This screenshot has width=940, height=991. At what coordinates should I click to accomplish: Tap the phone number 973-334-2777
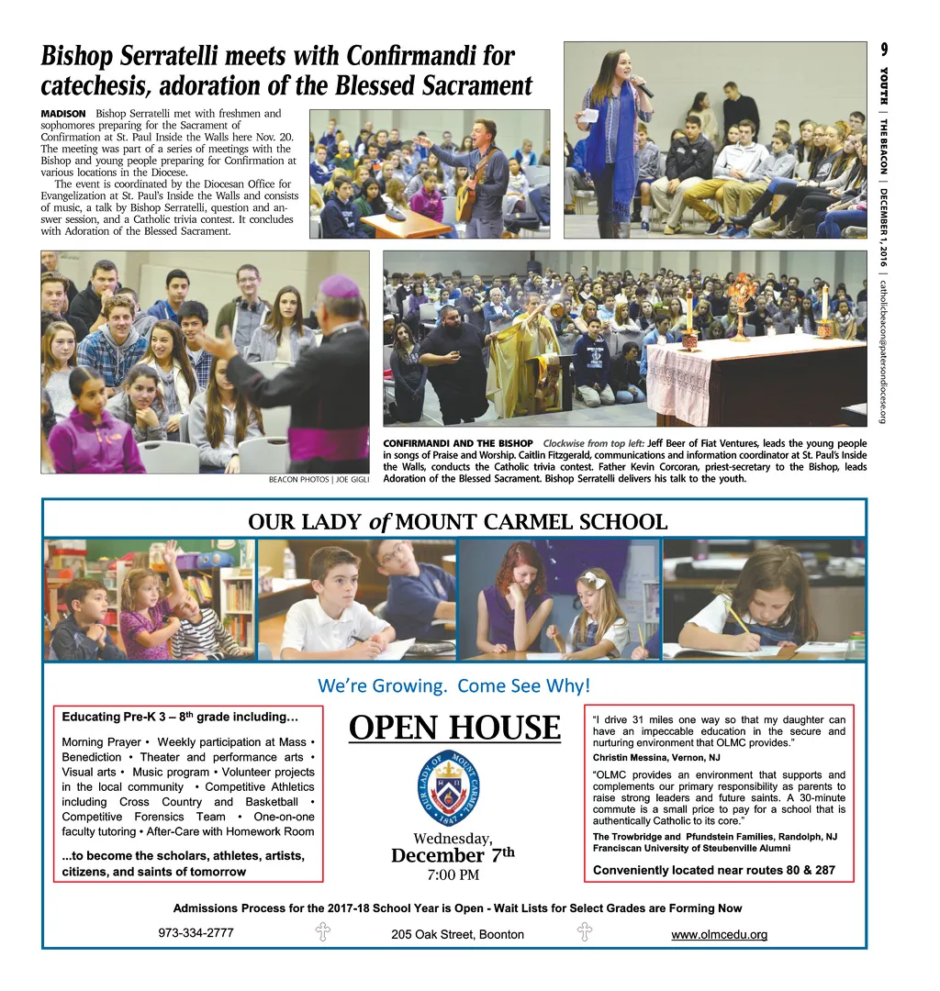point(196,932)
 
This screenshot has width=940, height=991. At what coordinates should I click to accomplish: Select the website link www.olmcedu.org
point(719,935)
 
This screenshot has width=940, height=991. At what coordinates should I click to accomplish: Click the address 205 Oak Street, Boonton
point(457,934)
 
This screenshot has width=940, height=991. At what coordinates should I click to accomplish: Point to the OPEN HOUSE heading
point(454,728)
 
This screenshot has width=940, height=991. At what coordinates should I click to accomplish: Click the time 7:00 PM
point(453,874)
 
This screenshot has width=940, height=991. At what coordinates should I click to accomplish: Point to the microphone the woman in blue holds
point(642,89)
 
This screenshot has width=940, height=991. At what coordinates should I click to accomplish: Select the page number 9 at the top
point(883,49)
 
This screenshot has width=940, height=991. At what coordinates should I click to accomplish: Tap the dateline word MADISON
point(63,113)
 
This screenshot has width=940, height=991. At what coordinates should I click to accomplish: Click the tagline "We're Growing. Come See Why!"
point(453,685)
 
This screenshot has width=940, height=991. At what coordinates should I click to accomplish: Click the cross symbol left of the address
point(323,933)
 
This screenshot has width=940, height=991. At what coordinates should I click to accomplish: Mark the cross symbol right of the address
point(584,933)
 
